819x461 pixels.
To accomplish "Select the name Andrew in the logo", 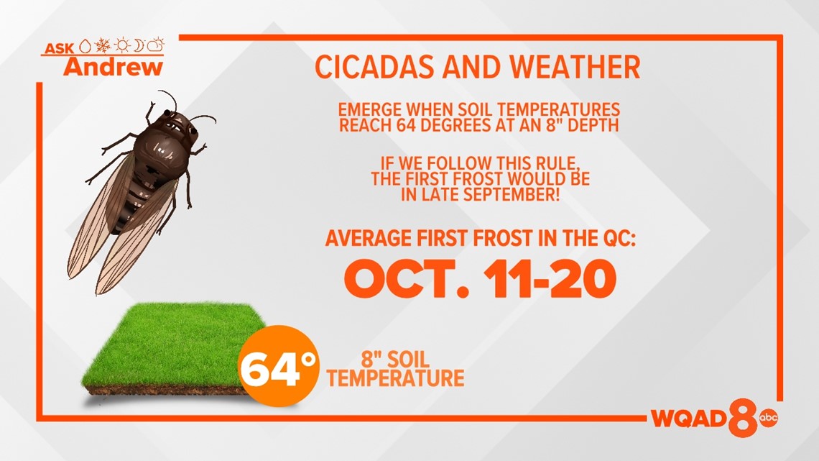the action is click(x=114, y=67).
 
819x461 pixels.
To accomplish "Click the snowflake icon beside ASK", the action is click(x=103, y=46).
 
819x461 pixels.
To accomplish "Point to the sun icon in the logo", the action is click(x=122, y=46).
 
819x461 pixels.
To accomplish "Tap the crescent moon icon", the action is click(x=139, y=46).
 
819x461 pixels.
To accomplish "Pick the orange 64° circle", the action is click(x=279, y=366).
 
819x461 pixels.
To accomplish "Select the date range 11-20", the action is click(x=550, y=279).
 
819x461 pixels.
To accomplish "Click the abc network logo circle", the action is click(x=768, y=417).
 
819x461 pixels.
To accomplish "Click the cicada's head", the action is click(x=179, y=124).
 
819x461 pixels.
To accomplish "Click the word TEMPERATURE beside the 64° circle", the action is click(x=395, y=378).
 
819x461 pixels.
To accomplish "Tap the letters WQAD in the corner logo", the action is click(x=689, y=418).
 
